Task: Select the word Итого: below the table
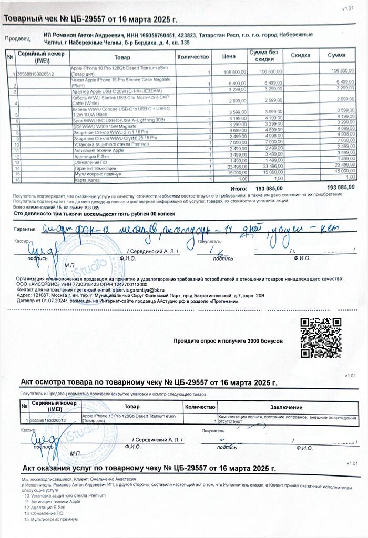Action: point(239,187)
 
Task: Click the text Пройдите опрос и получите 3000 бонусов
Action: point(228,341)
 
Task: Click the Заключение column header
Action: point(286,407)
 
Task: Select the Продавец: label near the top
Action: point(18,38)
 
